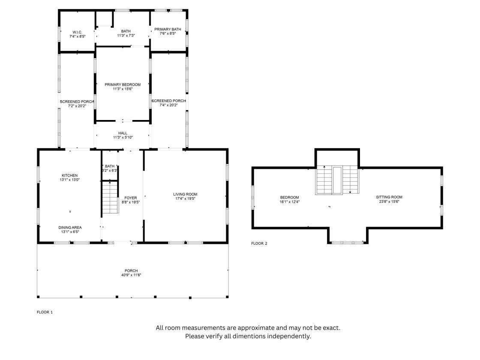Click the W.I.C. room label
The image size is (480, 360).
[x=78, y=32]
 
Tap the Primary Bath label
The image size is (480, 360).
[x=168, y=30]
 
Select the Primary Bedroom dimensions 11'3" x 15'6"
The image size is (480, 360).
[x=123, y=89]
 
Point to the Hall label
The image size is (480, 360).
[x=123, y=133]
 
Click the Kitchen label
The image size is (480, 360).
[x=70, y=175]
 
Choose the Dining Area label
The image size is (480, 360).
[x=70, y=228]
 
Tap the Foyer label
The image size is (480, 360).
[x=131, y=198]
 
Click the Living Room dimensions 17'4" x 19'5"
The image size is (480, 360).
[x=185, y=199]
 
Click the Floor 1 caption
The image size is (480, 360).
[x=45, y=312]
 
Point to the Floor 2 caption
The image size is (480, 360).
[x=259, y=243]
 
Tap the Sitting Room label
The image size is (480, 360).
[x=389, y=197]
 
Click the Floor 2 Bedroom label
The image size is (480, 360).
[x=290, y=198]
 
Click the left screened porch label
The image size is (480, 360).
[x=77, y=102]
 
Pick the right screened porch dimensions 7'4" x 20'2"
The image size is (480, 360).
[x=169, y=105]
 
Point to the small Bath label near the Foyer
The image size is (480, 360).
[x=110, y=166]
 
